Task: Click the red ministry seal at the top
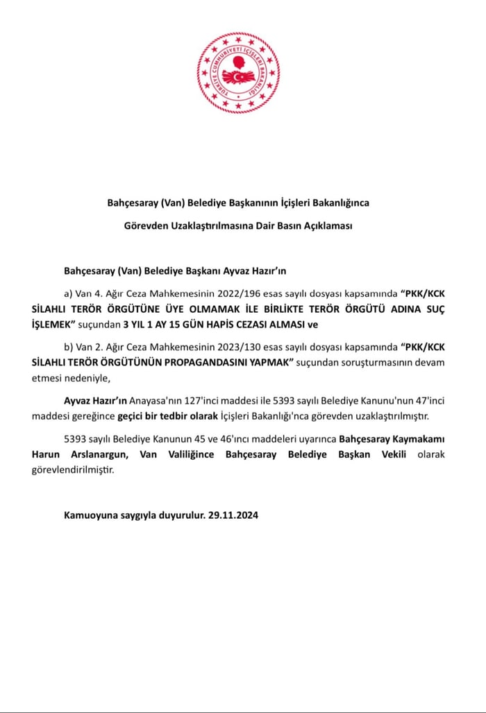238,73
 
